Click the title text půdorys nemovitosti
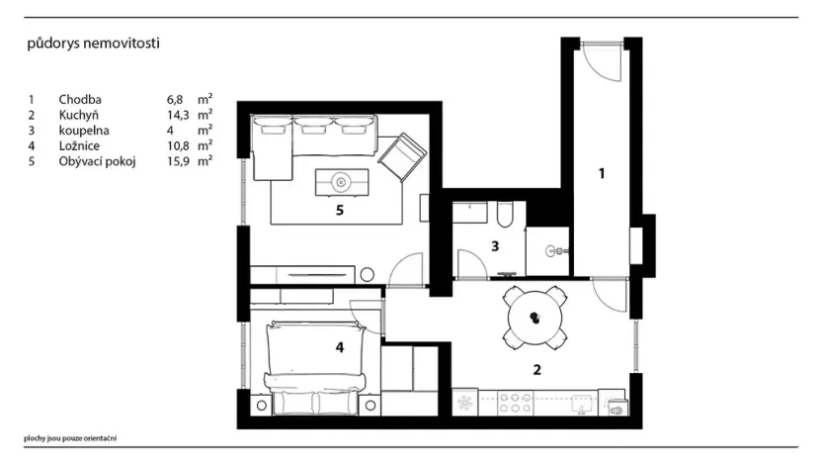[x=93, y=44]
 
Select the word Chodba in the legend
[x=80, y=100]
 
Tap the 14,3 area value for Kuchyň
[x=178, y=116]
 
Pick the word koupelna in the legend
[x=84, y=131]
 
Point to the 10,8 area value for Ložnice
[x=178, y=146]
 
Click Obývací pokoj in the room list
[x=97, y=161]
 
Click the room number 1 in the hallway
[x=602, y=173]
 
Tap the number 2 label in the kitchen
[x=536, y=370]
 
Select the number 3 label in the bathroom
[x=495, y=245]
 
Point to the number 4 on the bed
[x=340, y=347]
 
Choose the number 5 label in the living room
[x=340, y=211]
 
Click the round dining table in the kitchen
[x=534, y=319]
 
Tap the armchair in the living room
[x=402, y=157]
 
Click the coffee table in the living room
[x=342, y=182]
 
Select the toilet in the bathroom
[x=506, y=214]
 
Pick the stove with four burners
[x=516, y=404]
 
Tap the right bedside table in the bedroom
[x=370, y=406]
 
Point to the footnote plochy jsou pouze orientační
[x=70, y=438]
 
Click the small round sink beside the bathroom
[x=552, y=251]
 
